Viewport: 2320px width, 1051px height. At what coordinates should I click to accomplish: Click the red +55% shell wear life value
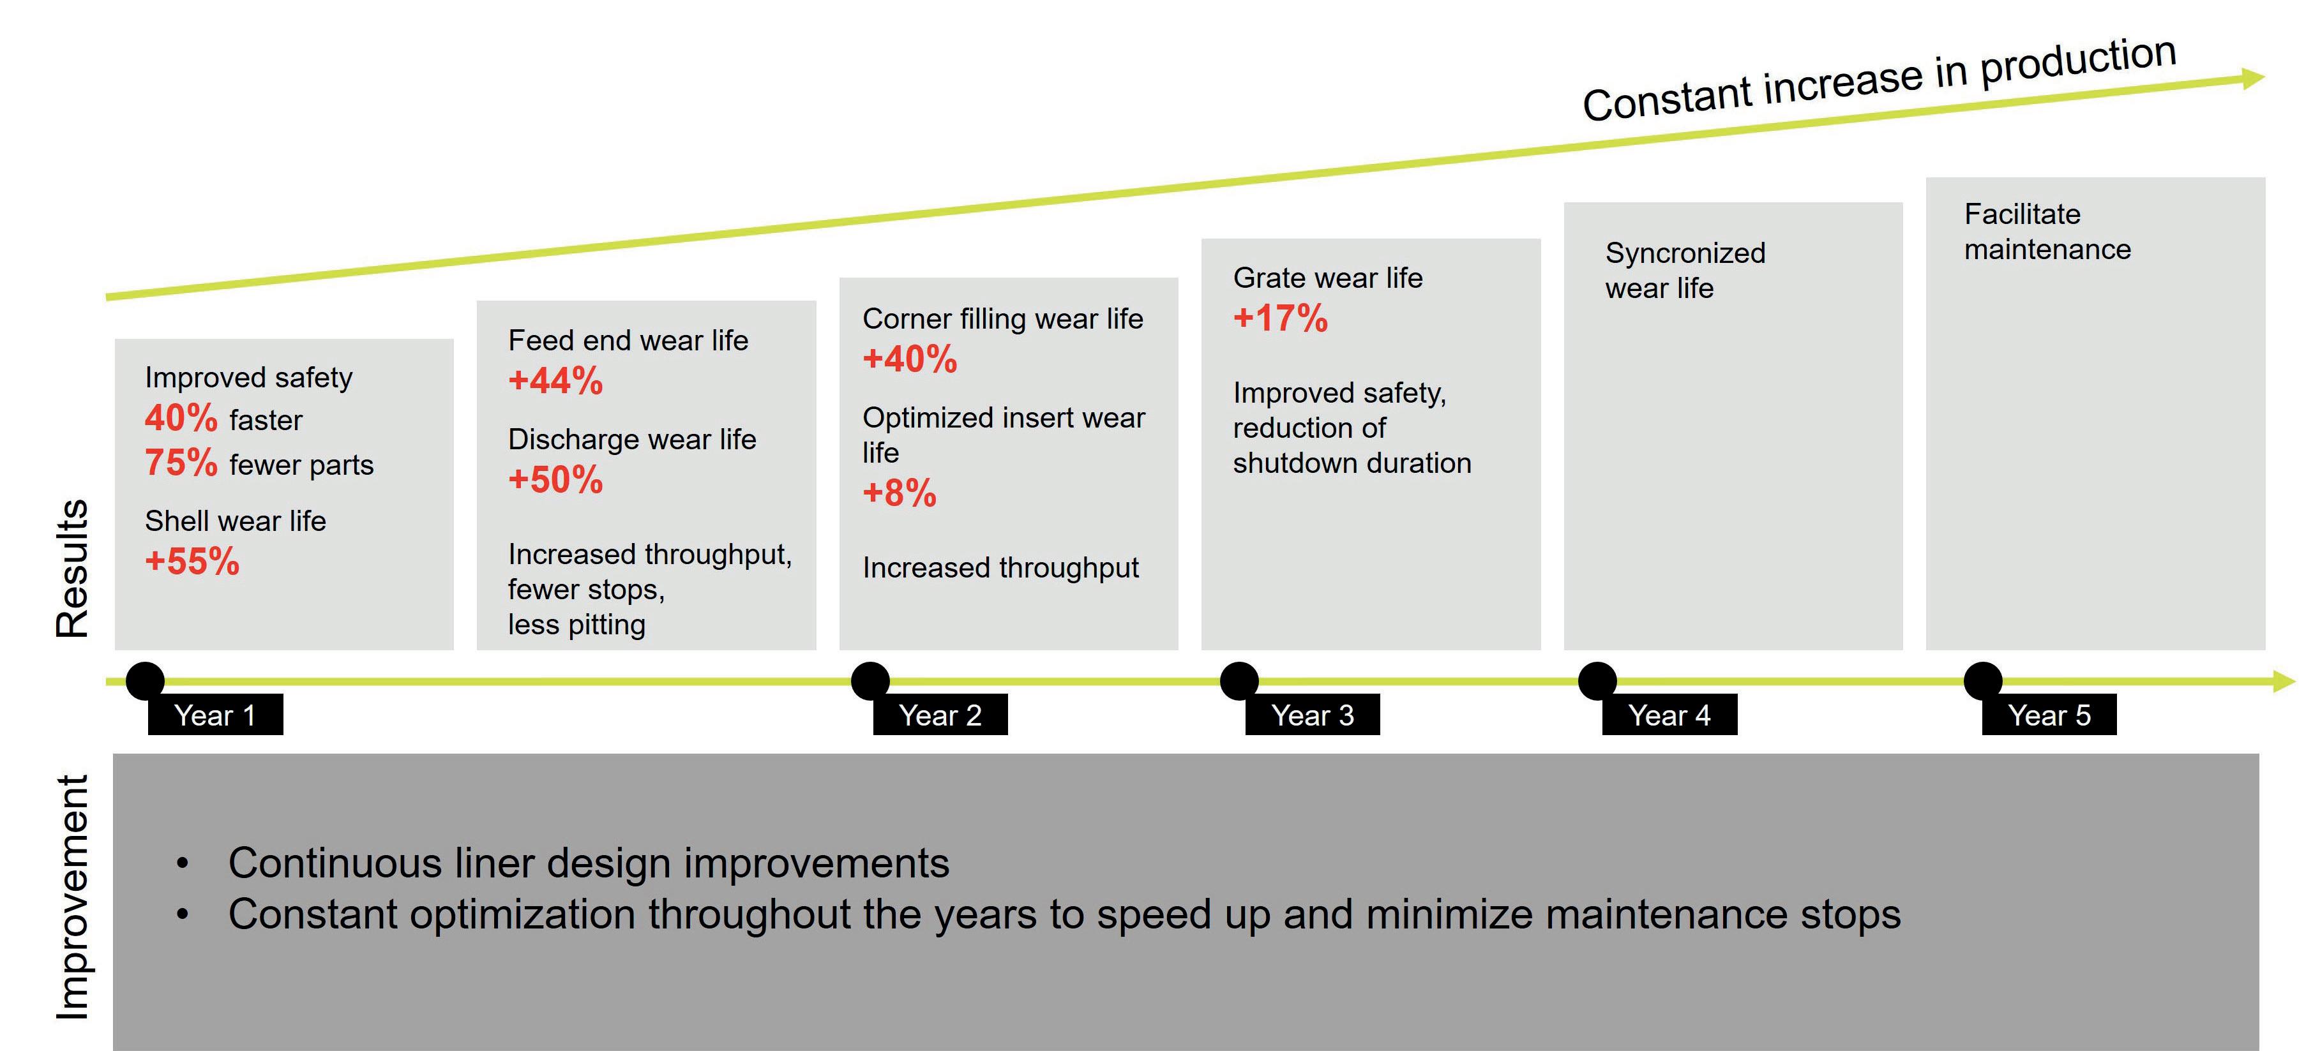(x=192, y=561)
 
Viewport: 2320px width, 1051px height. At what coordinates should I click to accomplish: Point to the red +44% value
(x=555, y=380)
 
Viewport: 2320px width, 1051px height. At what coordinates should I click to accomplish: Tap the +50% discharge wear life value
(x=555, y=479)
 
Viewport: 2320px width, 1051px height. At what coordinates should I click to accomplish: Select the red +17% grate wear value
(x=1280, y=318)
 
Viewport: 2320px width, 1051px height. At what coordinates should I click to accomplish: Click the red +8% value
(x=899, y=493)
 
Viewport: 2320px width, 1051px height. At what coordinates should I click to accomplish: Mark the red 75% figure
(x=181, y=463)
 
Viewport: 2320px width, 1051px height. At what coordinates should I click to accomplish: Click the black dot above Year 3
(x=1239, y=681)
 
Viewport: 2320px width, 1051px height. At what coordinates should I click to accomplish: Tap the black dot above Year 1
(x=145, y=681)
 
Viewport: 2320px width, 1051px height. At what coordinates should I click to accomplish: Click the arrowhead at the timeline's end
(x=2284, y=682)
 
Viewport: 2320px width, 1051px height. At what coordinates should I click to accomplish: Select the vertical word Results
(x=72, y=569)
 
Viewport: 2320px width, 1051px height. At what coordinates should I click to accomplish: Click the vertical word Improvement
(x=72, y=897)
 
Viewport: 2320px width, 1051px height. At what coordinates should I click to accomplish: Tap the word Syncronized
(x=1685, y=253)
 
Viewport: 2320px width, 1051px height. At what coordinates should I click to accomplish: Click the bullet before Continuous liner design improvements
(x=183, y=863)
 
